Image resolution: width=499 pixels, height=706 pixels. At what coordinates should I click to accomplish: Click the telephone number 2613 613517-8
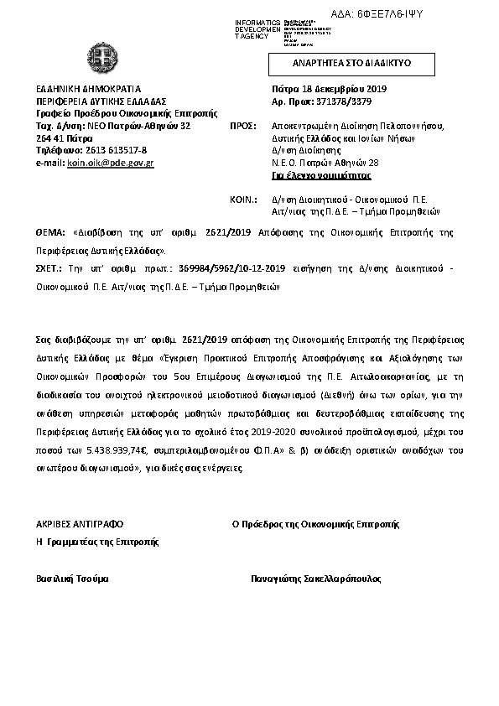click(x=115, y=149)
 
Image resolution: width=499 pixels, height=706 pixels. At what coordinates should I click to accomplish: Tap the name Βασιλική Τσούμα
click(x=71, y=579)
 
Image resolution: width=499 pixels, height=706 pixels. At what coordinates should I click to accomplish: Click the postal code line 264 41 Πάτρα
click(x=63, y=138)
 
